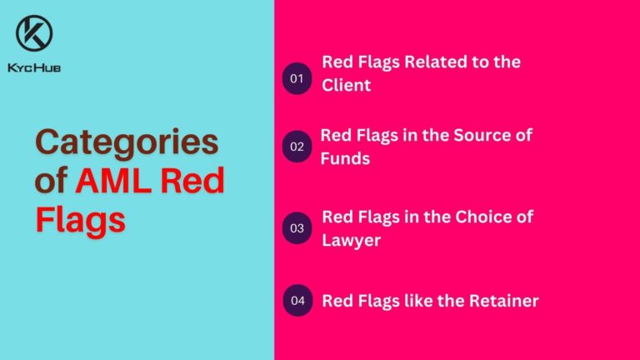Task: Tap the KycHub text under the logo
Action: (x=35, y=67)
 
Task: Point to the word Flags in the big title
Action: (x=81, y=219)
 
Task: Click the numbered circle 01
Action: (x=297, y=79)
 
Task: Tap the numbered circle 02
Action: (x=297, y=147)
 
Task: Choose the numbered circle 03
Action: (x=297, y=227)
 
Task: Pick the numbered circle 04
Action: (x=297, y=300)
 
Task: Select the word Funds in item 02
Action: (x=346, y=158)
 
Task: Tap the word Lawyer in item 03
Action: (x=351, y=240)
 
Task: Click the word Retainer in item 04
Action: (x=502, y=301)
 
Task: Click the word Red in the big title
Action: (x=191, y=181)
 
